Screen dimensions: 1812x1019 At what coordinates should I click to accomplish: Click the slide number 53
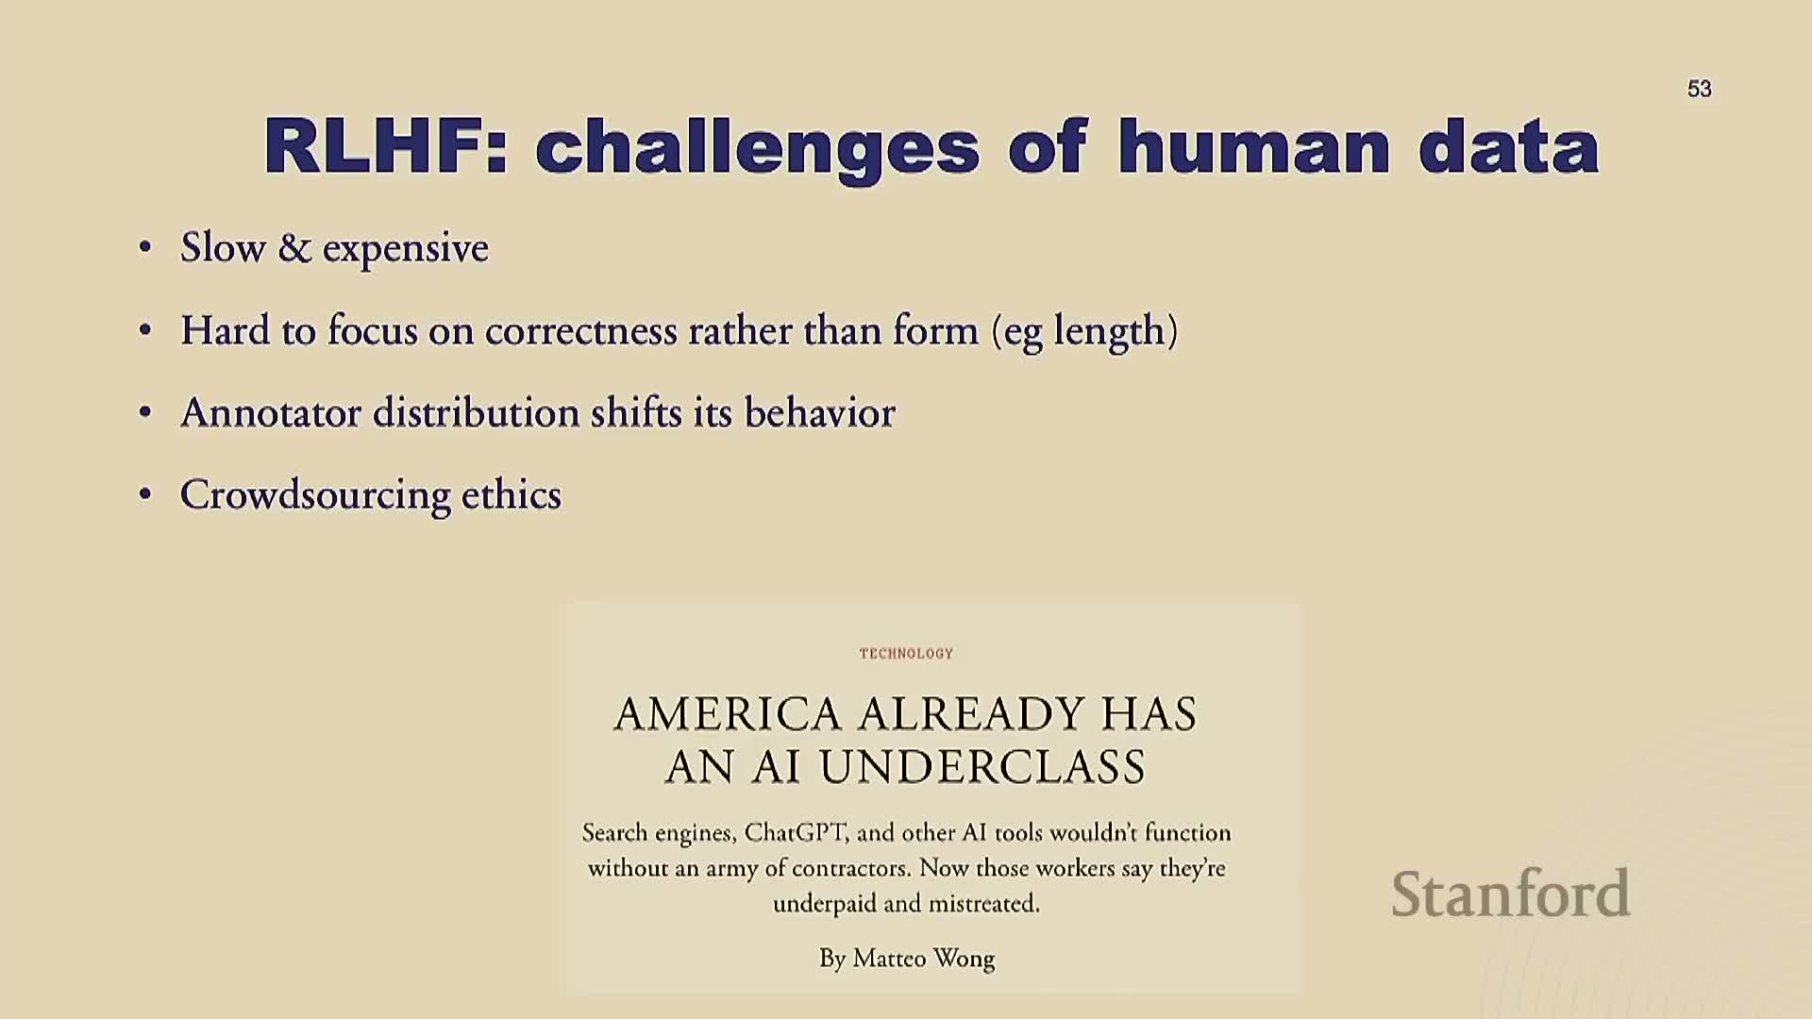1699,89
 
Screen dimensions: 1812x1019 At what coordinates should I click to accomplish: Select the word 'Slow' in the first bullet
223,248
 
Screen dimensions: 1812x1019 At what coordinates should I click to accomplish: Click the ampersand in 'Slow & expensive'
294,248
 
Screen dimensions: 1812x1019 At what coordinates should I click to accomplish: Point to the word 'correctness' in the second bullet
581,331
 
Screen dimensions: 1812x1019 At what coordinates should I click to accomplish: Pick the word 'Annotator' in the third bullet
271,413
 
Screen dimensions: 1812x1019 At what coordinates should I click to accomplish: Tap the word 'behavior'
819,413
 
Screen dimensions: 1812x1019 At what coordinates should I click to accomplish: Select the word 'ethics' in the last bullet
511,495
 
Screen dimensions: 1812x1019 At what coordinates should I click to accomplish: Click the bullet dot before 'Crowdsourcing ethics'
144,494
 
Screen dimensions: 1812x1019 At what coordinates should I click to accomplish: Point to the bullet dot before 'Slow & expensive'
144,247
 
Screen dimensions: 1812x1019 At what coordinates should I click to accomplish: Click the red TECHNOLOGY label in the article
906,653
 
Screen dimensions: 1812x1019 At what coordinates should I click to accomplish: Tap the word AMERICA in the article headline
728,714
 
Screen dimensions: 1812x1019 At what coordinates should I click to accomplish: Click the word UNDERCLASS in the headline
982,767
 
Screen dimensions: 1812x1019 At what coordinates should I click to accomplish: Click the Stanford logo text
1511,894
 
